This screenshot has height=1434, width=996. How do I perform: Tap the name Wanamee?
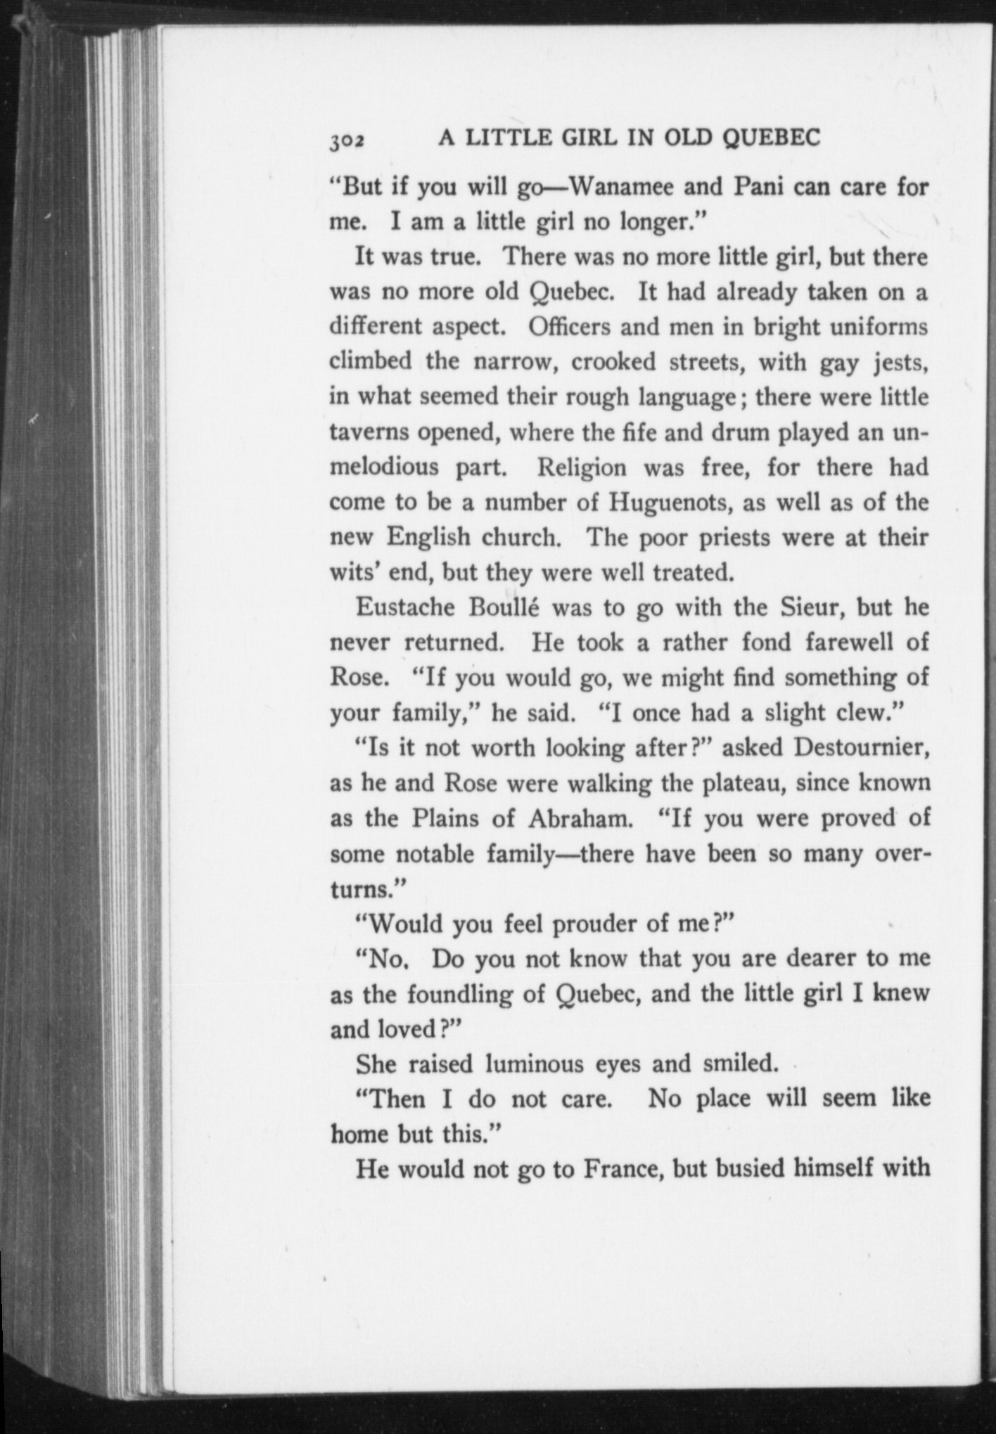pos(614,188)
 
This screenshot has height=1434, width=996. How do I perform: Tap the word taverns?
pos(369,433)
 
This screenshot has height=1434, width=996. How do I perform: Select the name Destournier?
pos(862,748)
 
